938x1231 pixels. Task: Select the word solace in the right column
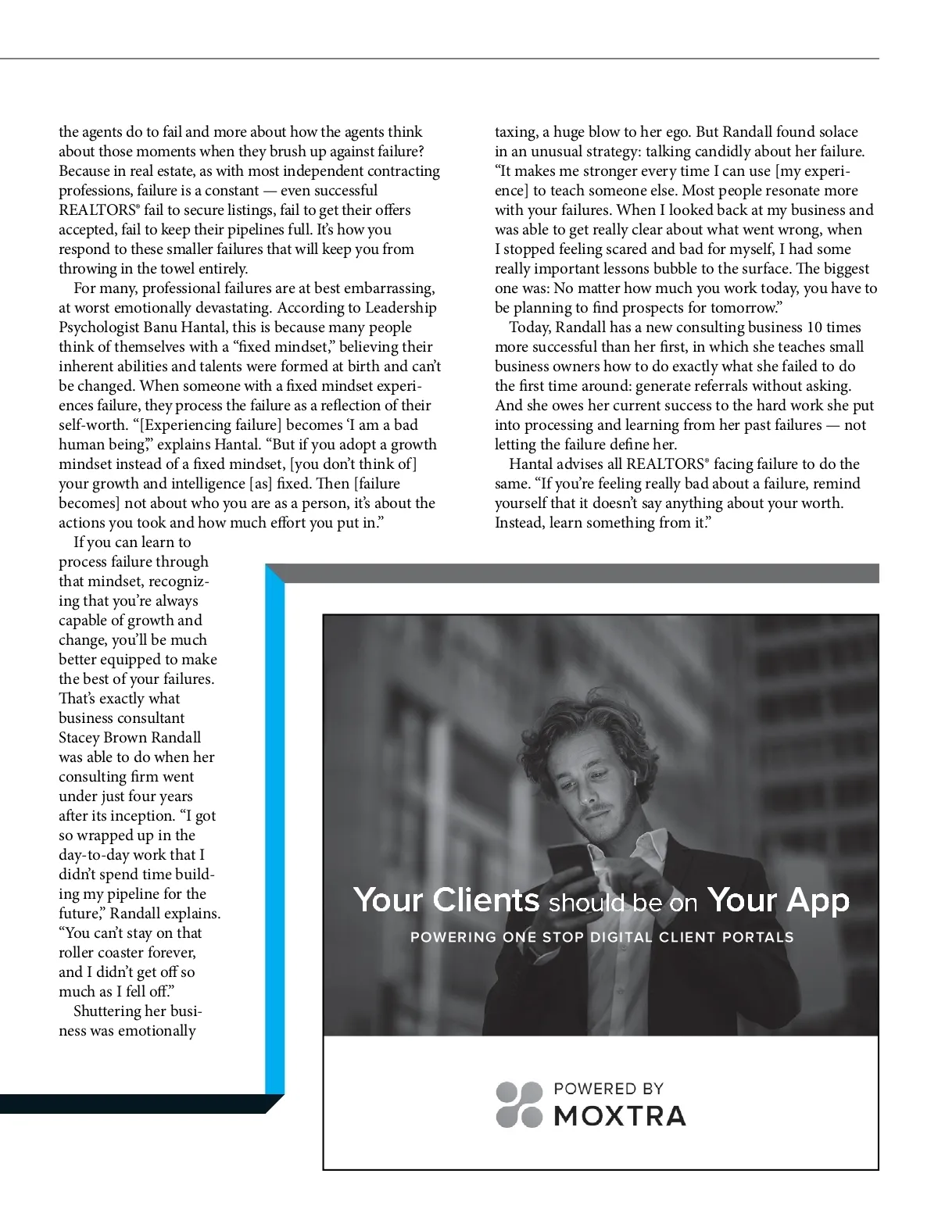coord(834,132)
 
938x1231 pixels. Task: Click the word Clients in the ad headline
coord(485,900)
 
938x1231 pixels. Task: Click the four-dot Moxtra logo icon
coord(519,1104)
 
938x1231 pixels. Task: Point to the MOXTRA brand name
coord(619,1115)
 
